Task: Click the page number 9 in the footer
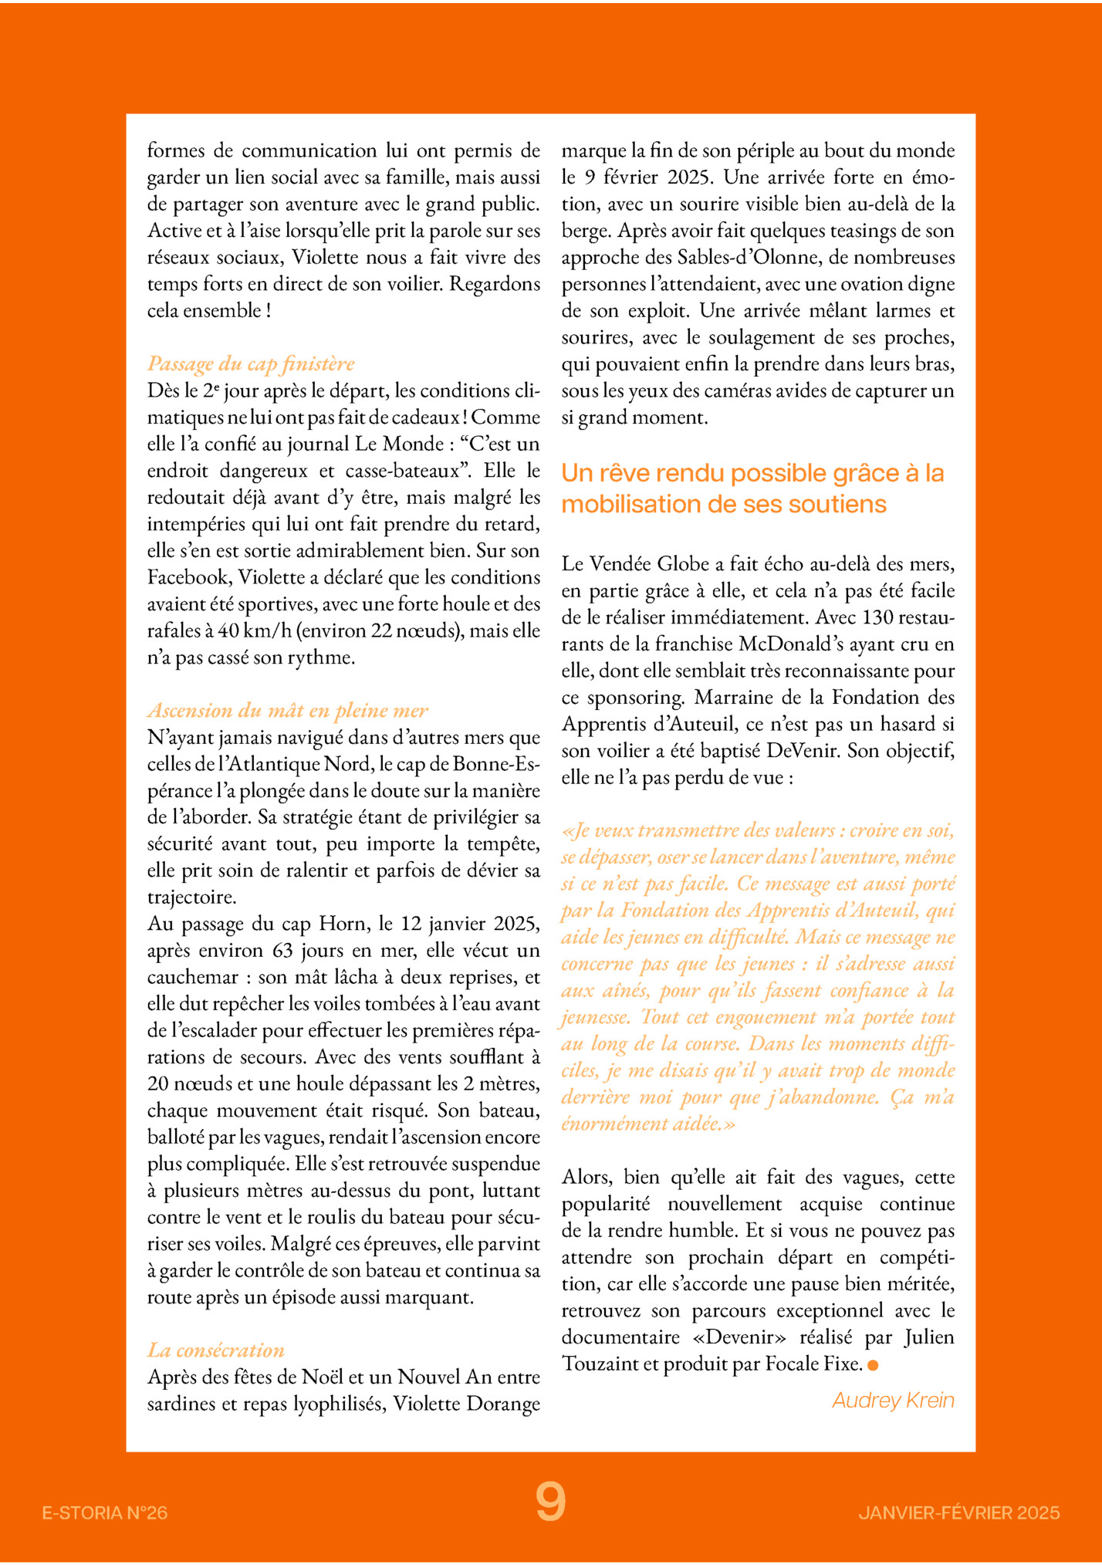[550, 1502]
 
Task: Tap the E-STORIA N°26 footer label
[105, 1513]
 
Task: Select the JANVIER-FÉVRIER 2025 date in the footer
[958, 1513]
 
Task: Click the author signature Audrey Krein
[893, 1400]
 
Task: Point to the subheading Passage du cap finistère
[251, 363]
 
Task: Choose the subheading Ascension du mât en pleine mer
[287, 710]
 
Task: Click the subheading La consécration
[216, 1350]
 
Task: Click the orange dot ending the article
[873, 1365]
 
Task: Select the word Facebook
[188, 577]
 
